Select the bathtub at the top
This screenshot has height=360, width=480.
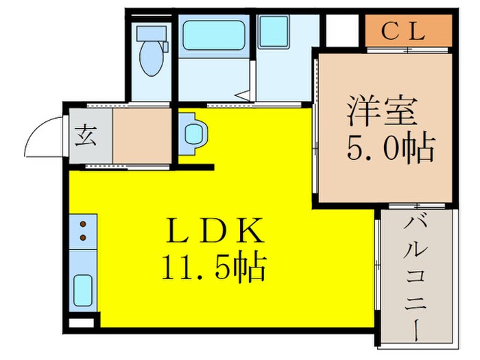[214, 35]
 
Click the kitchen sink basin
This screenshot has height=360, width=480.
[83, 290]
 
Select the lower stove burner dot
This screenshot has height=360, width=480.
[84, 237]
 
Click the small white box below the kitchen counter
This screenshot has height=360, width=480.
[80, 322]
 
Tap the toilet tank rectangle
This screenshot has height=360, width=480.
[151, 34]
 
